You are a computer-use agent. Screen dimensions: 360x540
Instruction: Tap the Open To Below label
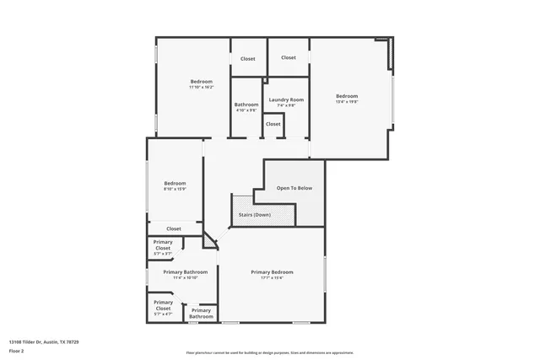294,187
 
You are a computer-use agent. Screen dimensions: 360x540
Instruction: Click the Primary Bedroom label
273,272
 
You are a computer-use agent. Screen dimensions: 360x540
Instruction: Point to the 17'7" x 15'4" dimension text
273,278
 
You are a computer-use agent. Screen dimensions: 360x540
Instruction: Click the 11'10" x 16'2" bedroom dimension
201,87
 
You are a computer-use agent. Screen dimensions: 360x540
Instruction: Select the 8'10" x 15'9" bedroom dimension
175,189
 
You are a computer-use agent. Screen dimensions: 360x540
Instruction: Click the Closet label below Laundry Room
273,124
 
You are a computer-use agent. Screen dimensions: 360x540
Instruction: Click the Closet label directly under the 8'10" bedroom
174,228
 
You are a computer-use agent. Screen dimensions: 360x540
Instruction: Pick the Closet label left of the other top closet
247,59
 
